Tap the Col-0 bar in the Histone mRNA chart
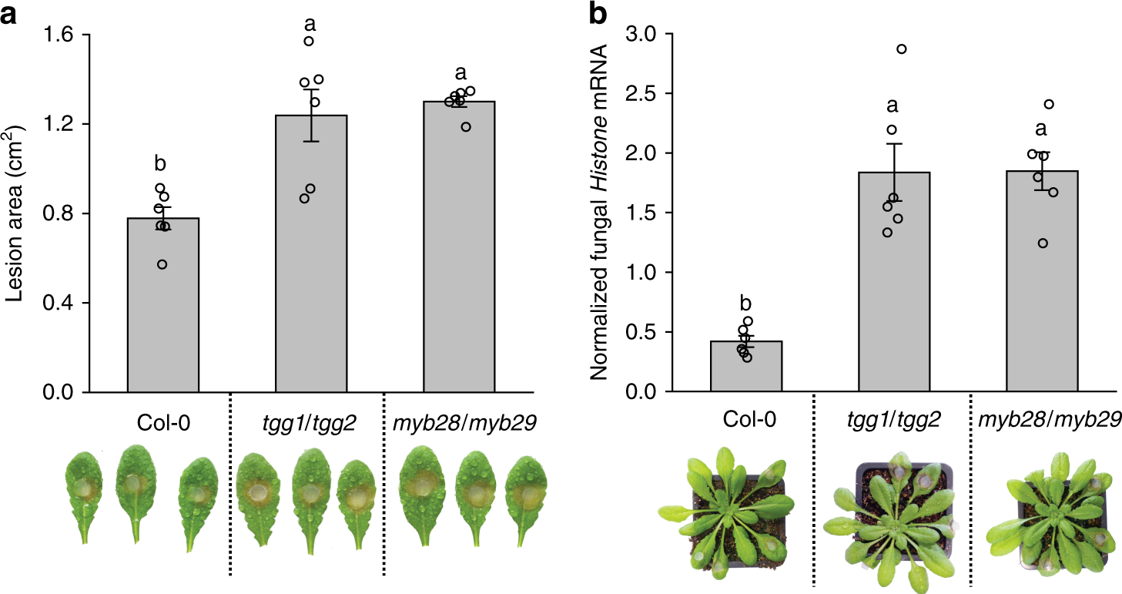tap(746, 367)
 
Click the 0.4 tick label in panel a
tap(55, 303)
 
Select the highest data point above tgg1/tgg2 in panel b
tap(902, 49)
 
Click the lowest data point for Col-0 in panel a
tap(162, 264)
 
